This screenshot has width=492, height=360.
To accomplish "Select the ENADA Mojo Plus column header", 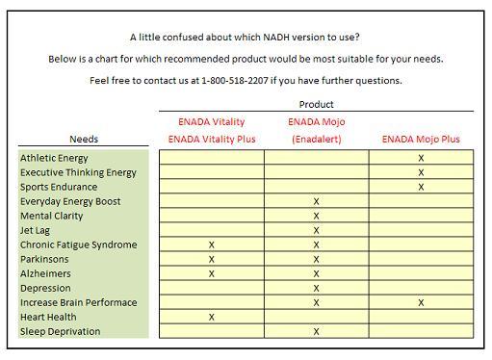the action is point(421,140).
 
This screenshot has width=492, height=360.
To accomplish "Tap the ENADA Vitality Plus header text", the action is point(212,140).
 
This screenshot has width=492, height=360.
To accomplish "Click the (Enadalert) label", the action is point(316,140).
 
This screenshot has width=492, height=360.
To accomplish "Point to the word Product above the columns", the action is point(316,104).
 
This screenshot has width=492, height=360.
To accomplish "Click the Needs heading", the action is point(84,140).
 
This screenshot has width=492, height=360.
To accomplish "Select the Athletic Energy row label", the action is point(54,158).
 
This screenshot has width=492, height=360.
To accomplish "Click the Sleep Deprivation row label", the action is point(60,331).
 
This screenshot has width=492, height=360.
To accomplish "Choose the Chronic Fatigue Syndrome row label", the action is point(78,244).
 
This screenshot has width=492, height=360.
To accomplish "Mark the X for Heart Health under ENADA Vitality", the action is point(212,317).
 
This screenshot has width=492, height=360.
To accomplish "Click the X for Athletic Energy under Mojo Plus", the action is point(421,158).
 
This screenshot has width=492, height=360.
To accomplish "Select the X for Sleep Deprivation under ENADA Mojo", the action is point(316,331).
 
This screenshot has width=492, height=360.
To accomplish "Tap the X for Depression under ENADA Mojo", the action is point(316,288).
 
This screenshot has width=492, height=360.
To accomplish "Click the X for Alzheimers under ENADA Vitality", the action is point(212,273).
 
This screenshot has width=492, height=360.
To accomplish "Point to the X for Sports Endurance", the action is point(421,187).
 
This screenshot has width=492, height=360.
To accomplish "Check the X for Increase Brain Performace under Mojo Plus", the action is point(421,302).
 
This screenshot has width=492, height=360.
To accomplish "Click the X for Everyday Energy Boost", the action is point(316,201).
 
